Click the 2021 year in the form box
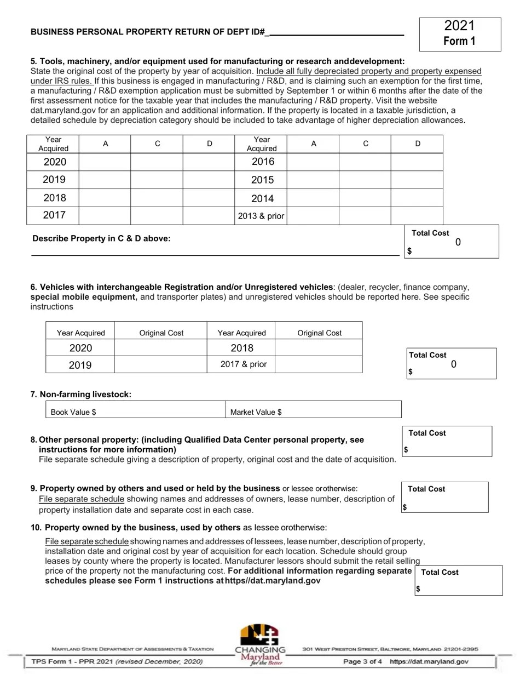pyautogui.click(x=459, y=26)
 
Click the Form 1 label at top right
pyautogui.click(x=459, y=41)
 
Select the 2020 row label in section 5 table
pyautogui.click(x=54, y=162)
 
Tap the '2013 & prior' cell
pyautogui.click(x=261, y=216)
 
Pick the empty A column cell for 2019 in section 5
pyautogui.click(x=105, y=180)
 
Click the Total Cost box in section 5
pyautogui.click(x=452, y=242)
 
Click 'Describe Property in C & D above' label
pyautogui.click(x=101, y=238)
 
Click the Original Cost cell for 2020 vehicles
pyautogui.click(x=161, y=348)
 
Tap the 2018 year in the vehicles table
pyautogui.click(x=242, y=348)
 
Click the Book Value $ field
pyautogui.click(x=135, y=412)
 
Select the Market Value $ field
pyautogui.click(x=313, y=412)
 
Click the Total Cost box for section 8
pyautogui.click(x=447, y=442)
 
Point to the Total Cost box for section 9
pyautogui.click(x=444, y=498)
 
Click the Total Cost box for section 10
pyautogui.click(x=458, y=581)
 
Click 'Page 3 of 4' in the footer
pyautogui.click(x=362, y=661)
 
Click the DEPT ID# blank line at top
pyautogui.click(x=337, y=32)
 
